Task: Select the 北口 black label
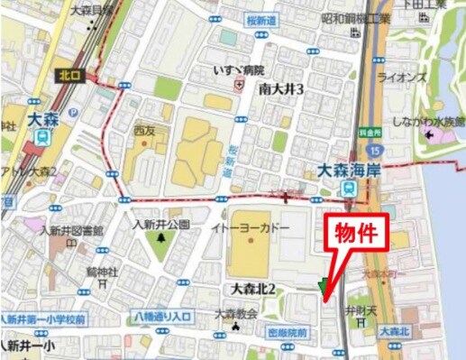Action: click(x=69, y=76)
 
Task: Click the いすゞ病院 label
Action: click(x=238, y=69)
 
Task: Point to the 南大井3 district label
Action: click(x=280, y=88)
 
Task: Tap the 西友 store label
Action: click(x=144, y=129)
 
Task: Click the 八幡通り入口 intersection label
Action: click(x=163, y=315)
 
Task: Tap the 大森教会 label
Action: click(x=236, y=313)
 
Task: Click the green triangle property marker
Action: click(x=323, y=287)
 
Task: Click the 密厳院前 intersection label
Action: click(x=287, y=333)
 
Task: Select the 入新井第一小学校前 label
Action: click(x=43, y=318)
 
